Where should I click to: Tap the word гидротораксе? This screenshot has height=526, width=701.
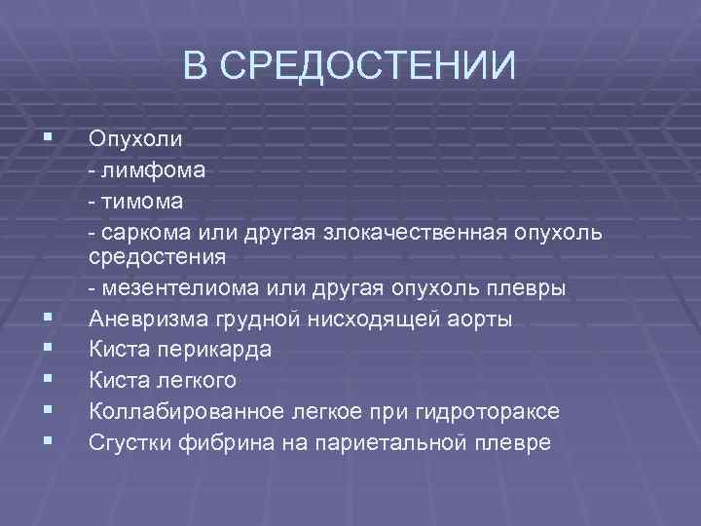pos(492,411)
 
